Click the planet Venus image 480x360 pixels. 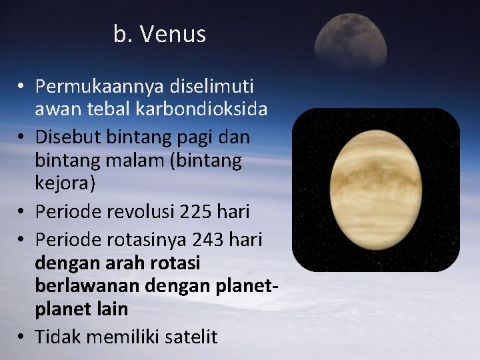pyautogui.click(x=377, y=190)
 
